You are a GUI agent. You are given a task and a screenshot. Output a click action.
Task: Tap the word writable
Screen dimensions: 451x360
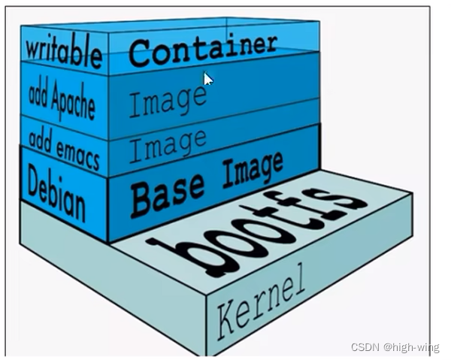point(64,53)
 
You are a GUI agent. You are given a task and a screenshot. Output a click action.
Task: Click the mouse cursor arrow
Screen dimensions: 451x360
point(208,78)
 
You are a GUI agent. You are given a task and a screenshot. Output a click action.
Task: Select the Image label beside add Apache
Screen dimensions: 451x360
point(166,100)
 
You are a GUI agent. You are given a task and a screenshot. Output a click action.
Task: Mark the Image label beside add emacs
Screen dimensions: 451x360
point(166,145)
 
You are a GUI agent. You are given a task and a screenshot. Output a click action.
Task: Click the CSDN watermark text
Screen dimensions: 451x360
point(365,346)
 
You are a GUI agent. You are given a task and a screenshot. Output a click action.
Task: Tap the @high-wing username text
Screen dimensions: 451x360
point(413,346)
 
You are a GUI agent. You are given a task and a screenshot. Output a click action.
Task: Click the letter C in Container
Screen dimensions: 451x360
point(139,53)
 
